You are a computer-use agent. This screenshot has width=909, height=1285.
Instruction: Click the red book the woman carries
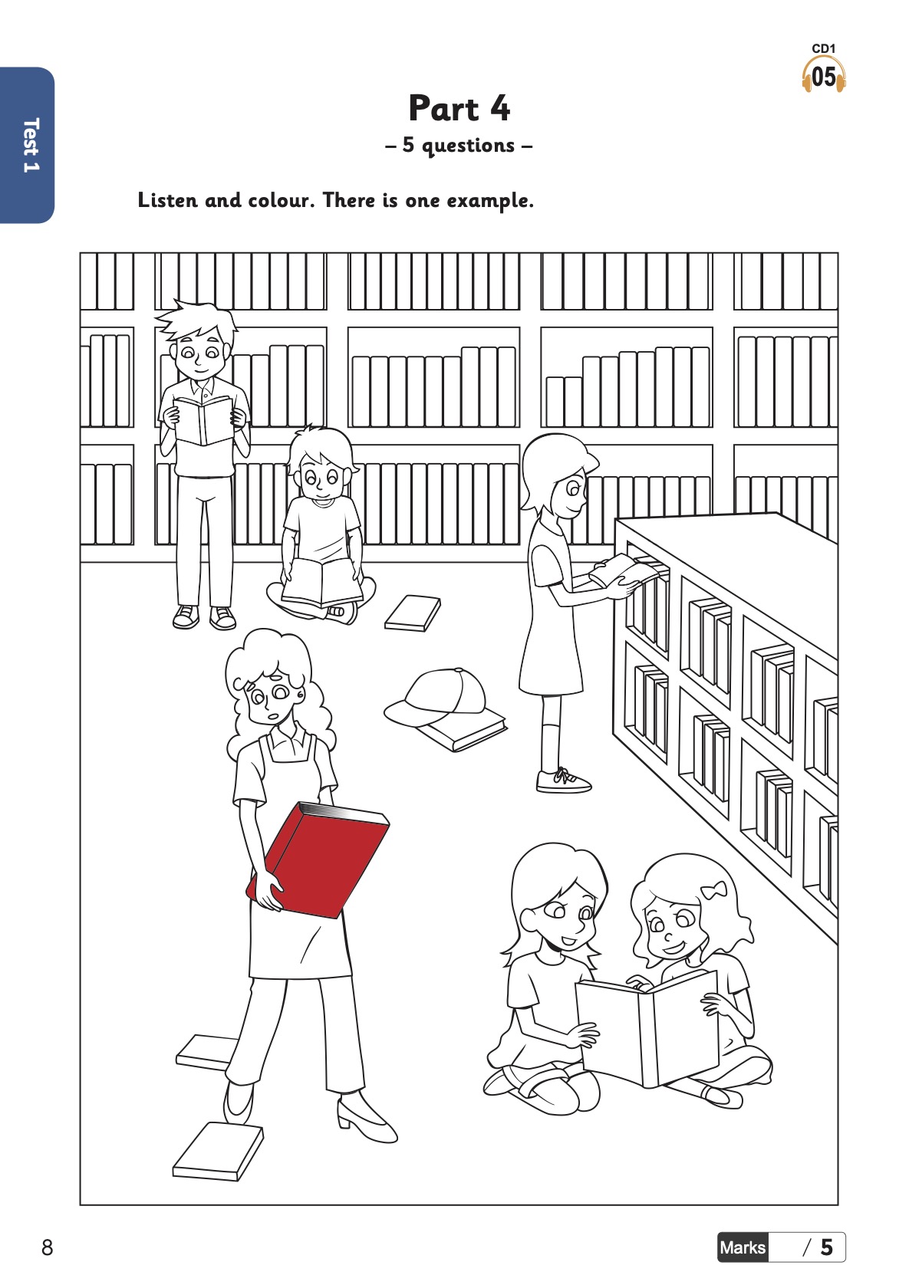pyautogui.click(x=318, y=859)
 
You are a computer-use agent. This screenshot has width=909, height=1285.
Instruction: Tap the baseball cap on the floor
pyautogui.click(x=437, y=696)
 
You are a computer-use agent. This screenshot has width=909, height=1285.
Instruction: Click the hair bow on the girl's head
pyautogui.click(x=713, y=890)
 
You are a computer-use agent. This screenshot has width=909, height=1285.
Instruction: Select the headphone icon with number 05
pyautogui.click(x=824, y=76)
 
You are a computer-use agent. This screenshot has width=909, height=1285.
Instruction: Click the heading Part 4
pyautogui.click(x=459, y=108)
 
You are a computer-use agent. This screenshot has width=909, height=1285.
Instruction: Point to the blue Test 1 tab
pyautogui.click(x=27, y=145)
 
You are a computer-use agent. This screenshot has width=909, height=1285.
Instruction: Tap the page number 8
pyautogui.click(x=47, y=1247)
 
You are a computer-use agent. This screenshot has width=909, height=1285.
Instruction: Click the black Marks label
pyautogui.click(x=743, y=1247)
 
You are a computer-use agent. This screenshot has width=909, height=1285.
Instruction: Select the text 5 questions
pyautogui.click(x=459, y=145)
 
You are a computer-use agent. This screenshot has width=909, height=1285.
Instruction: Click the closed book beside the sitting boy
pyautogui.click(x=413, y=613)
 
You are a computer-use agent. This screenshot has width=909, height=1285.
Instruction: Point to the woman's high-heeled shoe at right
pyautogui.click(x=366, y=1119)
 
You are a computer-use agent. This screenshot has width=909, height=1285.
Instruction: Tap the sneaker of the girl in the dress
pyautogui.click(x=563, y=781)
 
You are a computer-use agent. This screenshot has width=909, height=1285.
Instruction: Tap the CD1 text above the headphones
pyautogui.click(x=824, y=49)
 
